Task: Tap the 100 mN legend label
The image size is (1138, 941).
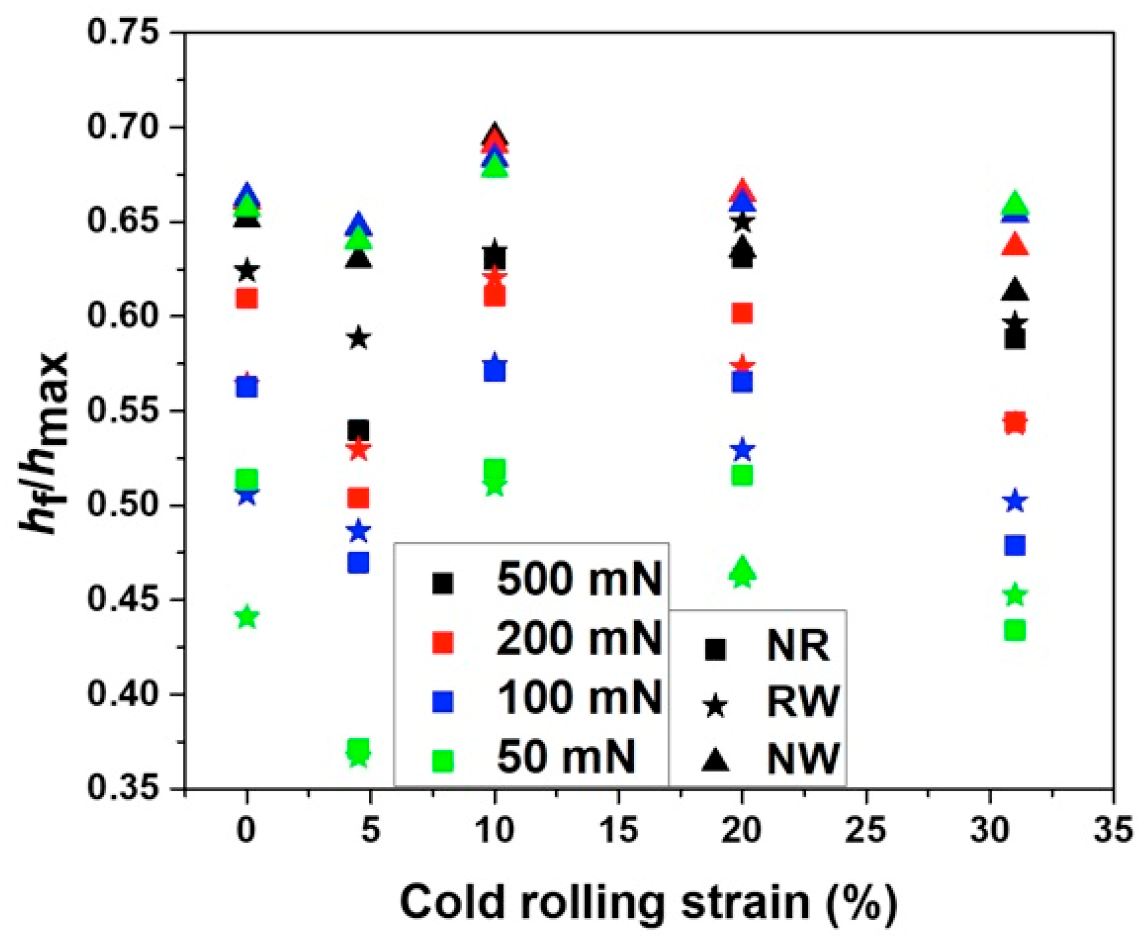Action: coord(579,698)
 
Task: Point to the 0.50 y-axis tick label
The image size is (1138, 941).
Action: coord(124,505)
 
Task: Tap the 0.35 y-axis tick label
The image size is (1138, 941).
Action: coord(124,789)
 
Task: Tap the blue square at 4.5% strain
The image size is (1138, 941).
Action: coord(357,563)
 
